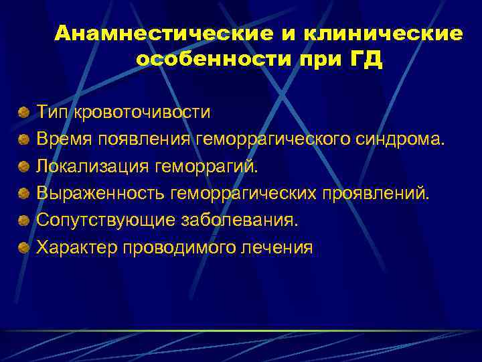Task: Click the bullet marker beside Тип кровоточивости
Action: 24,111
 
